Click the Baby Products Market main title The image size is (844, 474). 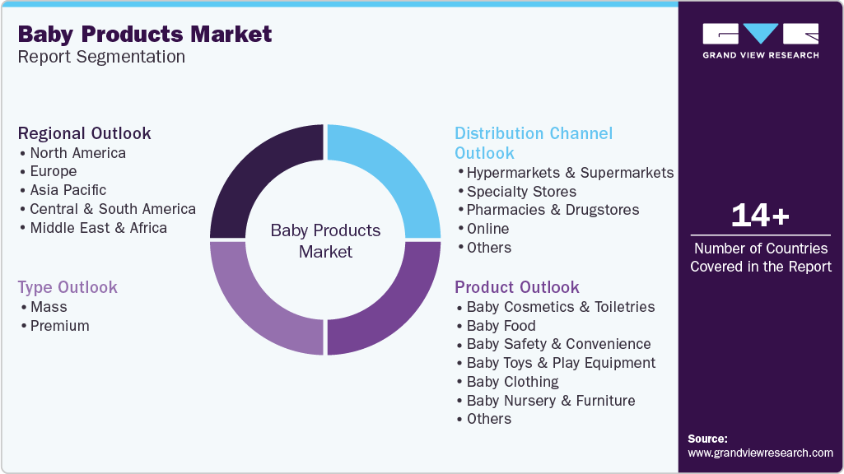[x=144, y=34]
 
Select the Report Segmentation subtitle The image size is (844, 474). [x=101, y=57]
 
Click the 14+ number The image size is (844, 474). [x=760, y=216]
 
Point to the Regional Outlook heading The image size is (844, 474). [x=84, y=133]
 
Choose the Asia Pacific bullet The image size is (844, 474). [x=68, y=190]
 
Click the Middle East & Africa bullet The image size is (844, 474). [x=98, y=228]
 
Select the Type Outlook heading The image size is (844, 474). [x=68, y=287]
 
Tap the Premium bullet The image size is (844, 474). [x=59, y=326]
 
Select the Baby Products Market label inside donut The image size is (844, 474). [x=325, y=241]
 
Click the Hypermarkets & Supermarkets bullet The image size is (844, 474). [x=570, y=173]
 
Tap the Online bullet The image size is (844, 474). [x=487, y=229]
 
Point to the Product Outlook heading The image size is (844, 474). [x=517, y=287]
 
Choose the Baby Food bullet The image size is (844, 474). [x=501, y=326]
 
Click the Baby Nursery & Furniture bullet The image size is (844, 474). [x=550, y=401]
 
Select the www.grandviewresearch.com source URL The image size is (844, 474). [x=760, y=453]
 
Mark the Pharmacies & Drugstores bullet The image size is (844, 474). [x=553, y=210]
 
